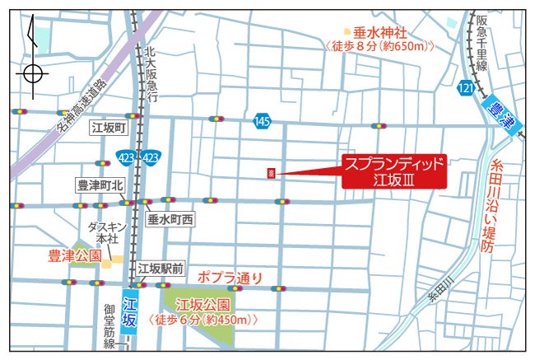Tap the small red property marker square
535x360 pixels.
[x=271, y=173]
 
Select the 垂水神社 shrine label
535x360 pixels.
[x=379, y=33]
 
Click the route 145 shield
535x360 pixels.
[x=262, y=121]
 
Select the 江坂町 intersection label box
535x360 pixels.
[x=108, y=129]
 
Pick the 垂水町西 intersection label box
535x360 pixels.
[x=170, y=220]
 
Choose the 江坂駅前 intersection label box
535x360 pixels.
[x=161, y=268]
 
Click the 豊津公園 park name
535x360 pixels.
[x=73, y=256]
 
